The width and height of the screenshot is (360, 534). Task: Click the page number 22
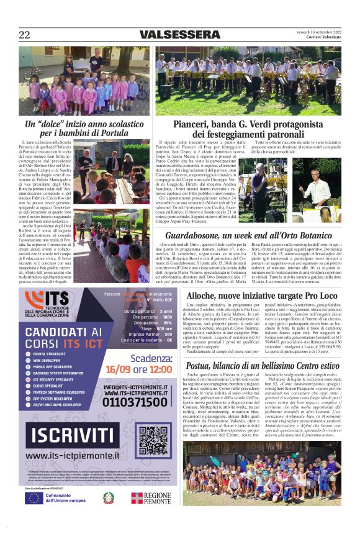tap(25, 35)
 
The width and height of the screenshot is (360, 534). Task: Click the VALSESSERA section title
tap(180, 35)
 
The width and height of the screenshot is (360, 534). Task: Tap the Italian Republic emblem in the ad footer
tap(108, 498)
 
